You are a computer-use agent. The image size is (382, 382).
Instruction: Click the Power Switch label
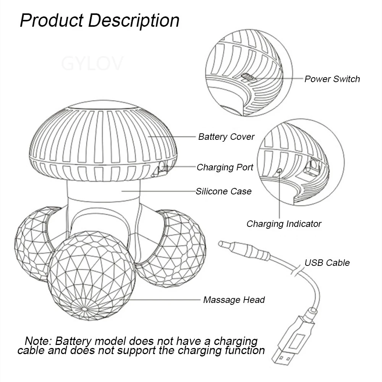coord(332,79)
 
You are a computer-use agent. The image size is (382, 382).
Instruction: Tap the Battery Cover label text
coord(226,137)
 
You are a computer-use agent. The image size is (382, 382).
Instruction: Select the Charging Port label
coord(225,167)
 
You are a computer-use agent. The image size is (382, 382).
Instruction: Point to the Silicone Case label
coord(223,191)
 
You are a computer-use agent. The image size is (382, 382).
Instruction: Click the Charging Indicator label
coord(284,224)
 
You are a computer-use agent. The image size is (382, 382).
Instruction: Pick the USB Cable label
coord(327,263)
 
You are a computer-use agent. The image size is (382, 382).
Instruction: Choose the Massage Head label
coord(234,300)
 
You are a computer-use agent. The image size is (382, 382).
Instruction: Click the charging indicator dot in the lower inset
coord(280,171)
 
